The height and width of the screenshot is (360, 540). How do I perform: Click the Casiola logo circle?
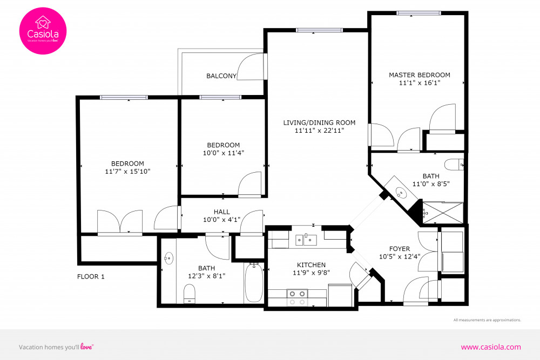43,30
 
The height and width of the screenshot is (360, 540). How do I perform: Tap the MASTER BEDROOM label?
419,75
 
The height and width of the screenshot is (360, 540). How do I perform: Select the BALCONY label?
221,76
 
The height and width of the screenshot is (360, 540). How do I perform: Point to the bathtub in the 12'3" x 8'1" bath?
254,283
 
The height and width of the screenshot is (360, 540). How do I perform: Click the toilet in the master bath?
452,164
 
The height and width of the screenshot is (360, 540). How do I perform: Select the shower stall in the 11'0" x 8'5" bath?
443,213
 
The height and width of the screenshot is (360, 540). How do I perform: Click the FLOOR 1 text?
91,277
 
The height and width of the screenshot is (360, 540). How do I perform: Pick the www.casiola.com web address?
491,347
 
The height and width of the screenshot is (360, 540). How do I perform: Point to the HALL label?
221,212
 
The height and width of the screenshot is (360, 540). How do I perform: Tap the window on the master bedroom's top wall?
418,13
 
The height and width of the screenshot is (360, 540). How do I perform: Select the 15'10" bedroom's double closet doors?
120,222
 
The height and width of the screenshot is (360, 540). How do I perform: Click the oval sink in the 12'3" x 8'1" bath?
168,259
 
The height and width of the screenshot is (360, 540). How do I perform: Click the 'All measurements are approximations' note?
487,320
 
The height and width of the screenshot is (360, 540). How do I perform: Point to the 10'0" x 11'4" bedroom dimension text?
224,153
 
